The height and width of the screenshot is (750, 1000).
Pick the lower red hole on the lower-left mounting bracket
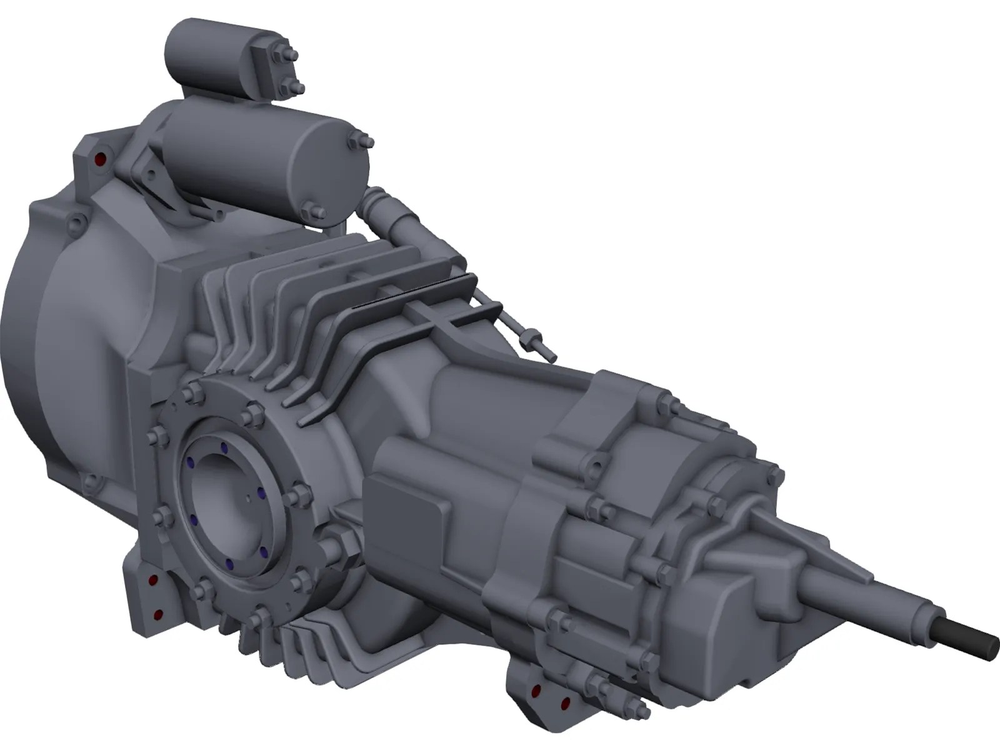click(157, 614)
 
